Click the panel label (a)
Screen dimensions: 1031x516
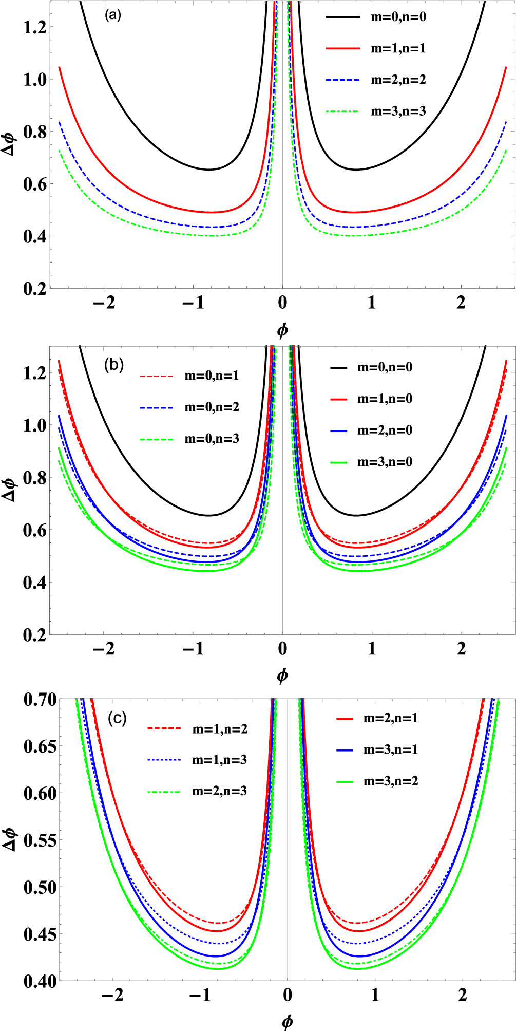coord(112,15)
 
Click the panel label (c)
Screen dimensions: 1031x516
coord(117,718)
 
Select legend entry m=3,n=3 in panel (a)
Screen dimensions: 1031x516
coord(398,111)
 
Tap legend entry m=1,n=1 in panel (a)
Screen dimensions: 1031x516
coord(398,49)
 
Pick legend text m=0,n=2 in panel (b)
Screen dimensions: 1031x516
coord(212,407)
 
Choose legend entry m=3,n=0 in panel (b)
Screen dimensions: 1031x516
coord(385,462)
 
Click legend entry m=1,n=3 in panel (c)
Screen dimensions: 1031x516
coord(219,760)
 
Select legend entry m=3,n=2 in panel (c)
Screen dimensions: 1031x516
coord(391,781)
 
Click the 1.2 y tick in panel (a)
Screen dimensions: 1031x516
coord(34,27)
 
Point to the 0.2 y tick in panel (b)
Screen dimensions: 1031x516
coord(34,635)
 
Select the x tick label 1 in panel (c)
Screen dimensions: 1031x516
coord(375,996)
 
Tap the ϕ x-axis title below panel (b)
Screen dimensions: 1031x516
coord(282,676)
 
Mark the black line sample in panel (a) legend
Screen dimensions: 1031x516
coord(342,17)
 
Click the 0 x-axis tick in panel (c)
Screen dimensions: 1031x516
coord(288,996)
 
